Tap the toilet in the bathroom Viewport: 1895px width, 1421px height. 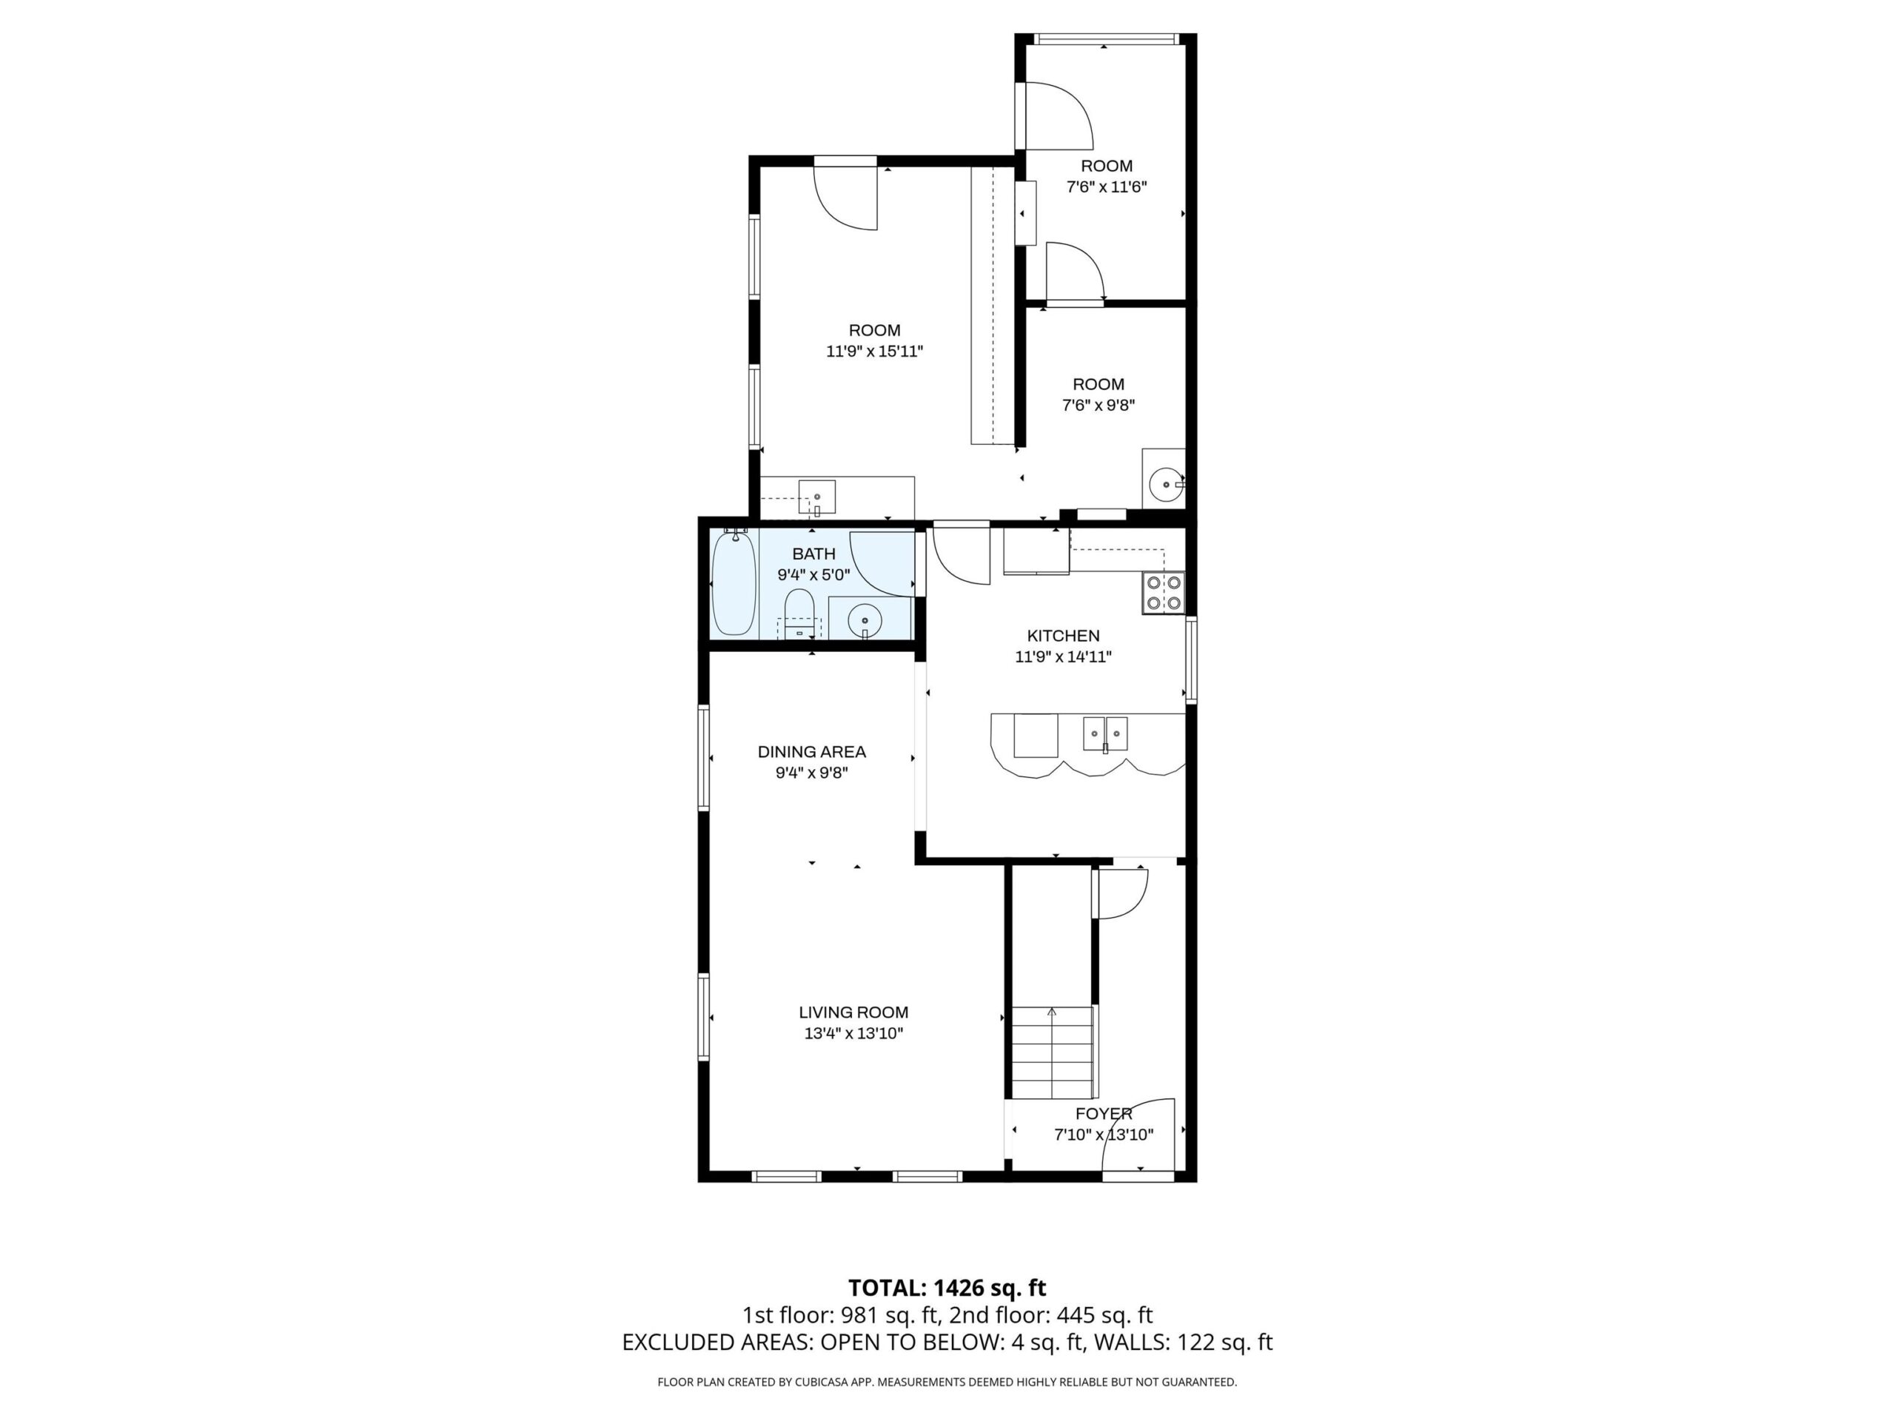799,614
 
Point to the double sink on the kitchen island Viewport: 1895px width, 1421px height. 1105,734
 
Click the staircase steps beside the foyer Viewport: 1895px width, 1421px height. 1054,1052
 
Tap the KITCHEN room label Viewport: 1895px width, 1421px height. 1063,636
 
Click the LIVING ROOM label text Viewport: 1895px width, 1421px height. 853,1012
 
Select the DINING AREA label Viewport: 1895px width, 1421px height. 811,752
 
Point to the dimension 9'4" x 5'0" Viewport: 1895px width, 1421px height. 814,575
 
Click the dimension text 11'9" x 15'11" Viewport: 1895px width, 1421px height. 875,352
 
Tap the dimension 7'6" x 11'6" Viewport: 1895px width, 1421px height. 1106,187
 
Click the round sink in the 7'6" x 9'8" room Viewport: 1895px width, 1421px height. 1166,484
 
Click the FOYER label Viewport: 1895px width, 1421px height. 1104,1114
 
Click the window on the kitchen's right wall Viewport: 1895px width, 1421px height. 1191,659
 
